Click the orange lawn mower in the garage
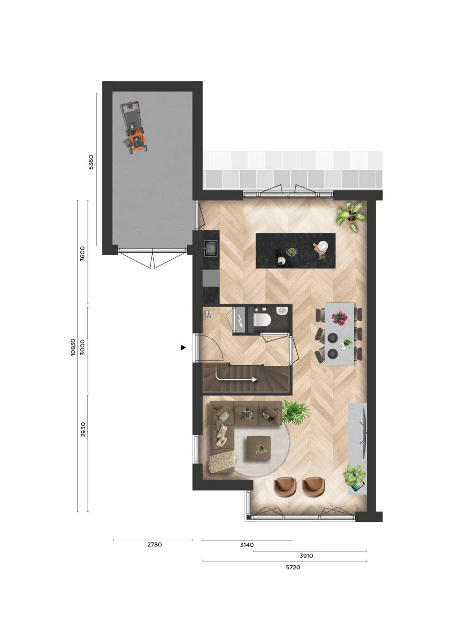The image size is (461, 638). point(133,129)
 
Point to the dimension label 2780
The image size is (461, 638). point(155,545)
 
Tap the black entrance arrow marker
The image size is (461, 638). point(184,347)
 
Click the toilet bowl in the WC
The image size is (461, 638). point(262,320)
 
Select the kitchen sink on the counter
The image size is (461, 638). point(210,248)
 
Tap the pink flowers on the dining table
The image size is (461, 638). point(339,318)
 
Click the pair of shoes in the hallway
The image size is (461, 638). point(209,314)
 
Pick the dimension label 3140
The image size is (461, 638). point(247,545)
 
